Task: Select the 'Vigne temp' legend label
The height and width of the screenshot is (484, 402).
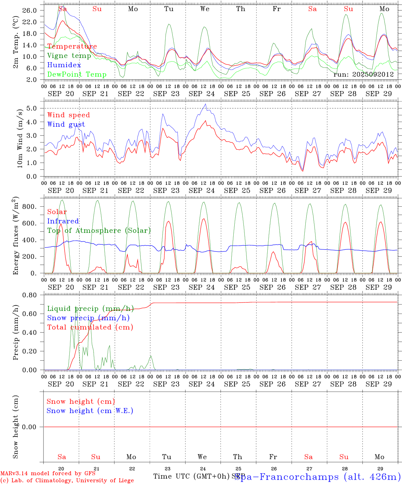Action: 69,56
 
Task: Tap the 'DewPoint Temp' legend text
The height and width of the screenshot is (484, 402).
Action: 77,75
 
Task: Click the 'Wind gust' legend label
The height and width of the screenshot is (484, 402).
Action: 66,124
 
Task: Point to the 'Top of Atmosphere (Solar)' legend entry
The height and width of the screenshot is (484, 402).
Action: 99,231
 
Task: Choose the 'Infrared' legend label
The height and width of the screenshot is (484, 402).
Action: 63,221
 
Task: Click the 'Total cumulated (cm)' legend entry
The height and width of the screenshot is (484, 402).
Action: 90,327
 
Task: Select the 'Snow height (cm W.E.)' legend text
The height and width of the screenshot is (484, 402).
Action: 90,411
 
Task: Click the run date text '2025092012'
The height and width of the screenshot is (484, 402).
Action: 373,75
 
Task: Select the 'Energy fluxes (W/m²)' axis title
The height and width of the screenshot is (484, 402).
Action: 16,236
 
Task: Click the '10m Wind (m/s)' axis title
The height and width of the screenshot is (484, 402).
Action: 20,138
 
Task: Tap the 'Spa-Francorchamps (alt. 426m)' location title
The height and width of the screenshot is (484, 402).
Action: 318,477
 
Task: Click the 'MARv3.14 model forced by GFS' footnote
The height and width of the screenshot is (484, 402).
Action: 47,474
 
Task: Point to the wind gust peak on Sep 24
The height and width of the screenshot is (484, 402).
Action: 205,104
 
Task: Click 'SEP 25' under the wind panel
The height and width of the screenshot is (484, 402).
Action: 237,191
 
